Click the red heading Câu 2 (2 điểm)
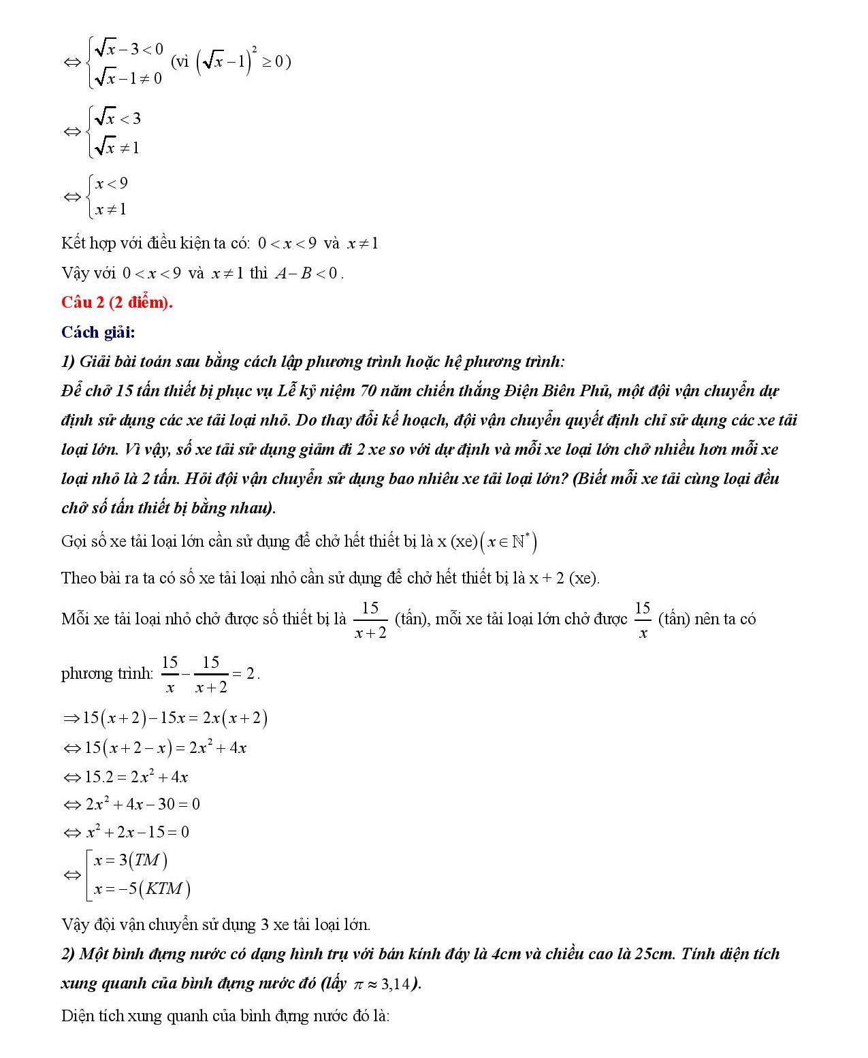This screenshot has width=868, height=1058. click(x=117, y=302)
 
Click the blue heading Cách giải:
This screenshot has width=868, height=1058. click(x=98, y=332)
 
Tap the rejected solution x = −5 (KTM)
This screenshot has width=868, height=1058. click(x=142, y=889)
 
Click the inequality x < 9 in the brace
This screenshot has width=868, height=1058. click(x=112, y=183)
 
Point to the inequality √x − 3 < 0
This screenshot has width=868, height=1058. click(x=129, y=49)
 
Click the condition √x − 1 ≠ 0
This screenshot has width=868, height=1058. click(x=128, y=78)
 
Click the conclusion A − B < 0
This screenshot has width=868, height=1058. click(x=306, y=274)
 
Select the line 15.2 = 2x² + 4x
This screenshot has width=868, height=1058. click(x=135, y=776)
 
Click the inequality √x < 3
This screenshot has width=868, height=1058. click(x=118, y=118)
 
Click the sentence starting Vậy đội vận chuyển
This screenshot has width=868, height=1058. click(x=216, y=925)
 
